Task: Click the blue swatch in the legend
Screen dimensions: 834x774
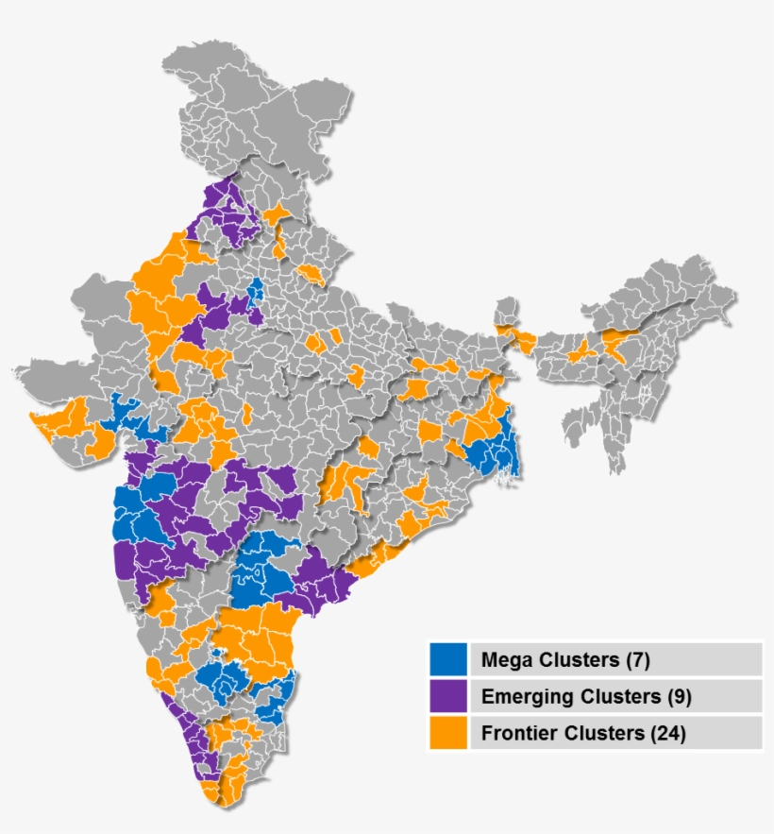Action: point(448,659)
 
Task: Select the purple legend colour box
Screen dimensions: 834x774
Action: point(448,697)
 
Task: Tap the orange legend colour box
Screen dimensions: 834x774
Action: point(448,733)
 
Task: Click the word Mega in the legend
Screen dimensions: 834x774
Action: point(503,659)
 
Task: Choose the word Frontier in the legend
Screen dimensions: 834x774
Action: point(515,733)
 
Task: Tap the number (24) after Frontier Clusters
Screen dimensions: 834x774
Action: point(668,733)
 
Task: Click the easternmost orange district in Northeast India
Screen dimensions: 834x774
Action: point(618,345)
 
